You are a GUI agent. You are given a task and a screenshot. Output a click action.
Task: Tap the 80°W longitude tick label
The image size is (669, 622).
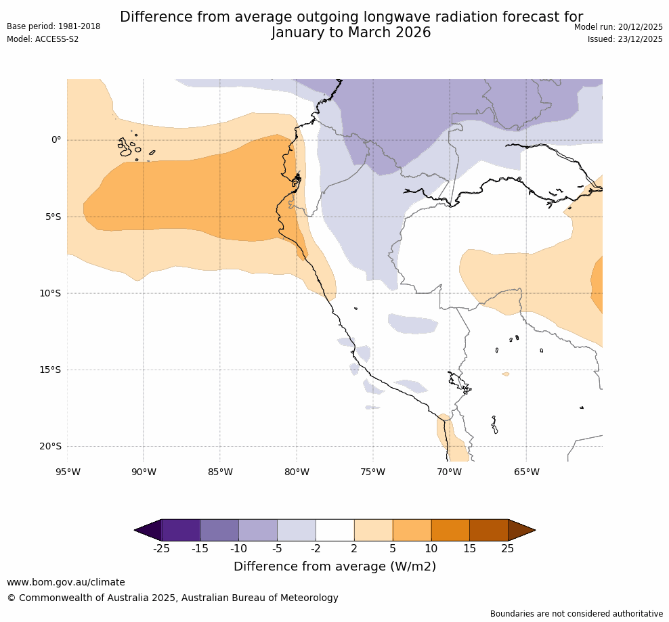[297, 472]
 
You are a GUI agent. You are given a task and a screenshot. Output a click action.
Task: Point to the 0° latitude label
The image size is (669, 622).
[56, 140]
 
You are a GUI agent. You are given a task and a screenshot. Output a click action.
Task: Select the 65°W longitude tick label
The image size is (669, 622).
[526, 472]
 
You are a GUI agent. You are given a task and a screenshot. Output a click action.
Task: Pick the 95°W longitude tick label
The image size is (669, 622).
[68, 472]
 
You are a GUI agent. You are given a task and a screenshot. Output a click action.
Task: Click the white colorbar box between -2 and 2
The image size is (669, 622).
[335, 530]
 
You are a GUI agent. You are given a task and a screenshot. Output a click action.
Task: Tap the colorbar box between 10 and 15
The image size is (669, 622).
[450, 530]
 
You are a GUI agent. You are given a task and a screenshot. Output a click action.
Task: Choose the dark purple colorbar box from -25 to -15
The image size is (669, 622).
[181, 530]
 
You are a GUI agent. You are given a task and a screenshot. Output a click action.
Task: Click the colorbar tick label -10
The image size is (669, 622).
[238, 548]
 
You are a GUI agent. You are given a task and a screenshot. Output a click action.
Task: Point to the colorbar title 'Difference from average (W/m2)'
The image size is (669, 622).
[334, 567]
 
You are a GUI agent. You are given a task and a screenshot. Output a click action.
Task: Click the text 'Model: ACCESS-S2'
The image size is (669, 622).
[43, 39]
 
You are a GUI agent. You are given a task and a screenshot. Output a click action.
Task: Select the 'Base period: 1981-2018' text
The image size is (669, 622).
[53, 26]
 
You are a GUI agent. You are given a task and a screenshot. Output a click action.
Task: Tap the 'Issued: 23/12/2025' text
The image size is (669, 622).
[625, 39]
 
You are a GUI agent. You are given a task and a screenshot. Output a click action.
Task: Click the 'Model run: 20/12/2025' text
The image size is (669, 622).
[618, 26]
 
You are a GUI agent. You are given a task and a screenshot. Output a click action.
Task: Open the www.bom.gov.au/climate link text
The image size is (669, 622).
[66, 582]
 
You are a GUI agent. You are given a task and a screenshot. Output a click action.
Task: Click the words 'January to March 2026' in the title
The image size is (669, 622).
[351, 32]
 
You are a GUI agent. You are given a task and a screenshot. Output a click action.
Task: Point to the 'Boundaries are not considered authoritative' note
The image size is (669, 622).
[576, 614]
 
